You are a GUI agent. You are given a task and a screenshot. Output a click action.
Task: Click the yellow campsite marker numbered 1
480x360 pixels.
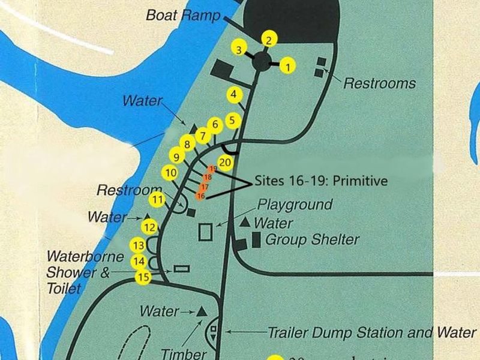pyautogui.click(x=288, y=66)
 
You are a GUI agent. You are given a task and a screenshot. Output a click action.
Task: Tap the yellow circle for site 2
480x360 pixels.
pyautogui.click(x=269, y=40)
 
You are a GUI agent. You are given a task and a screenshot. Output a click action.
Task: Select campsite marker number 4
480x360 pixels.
pyautogui.click(x=235, y=94)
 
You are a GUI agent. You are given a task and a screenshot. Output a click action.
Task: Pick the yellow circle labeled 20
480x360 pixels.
pyautogui.click(x=226, y=162)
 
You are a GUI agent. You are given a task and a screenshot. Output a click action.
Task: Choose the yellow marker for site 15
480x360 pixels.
pyautogui.click(x=143, y=277)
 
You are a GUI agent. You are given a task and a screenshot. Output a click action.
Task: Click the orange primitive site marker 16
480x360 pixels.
pyautogui.click(x=200, y=196)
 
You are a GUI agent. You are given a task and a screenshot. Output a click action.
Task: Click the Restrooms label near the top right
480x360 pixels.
pyautogui.click(x=379, y=83)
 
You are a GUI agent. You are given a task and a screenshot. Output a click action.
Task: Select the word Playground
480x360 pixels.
pyautogui.click(x=295, y=205)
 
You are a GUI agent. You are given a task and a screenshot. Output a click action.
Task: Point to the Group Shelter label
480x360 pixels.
pyautogui.click(x=312, y=241)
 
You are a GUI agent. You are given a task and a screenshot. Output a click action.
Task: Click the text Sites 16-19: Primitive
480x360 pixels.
pyautogui.click(x=321, y=181)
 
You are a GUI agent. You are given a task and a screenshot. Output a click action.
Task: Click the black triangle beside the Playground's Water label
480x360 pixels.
pyautogui.click(x=245, y=223)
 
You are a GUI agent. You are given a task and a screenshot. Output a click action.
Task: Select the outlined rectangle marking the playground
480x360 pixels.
pyautogui.click(x=206, y=232)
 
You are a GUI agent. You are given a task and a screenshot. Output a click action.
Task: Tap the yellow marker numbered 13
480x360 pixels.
pyautogui.click(x=139, y=245)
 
